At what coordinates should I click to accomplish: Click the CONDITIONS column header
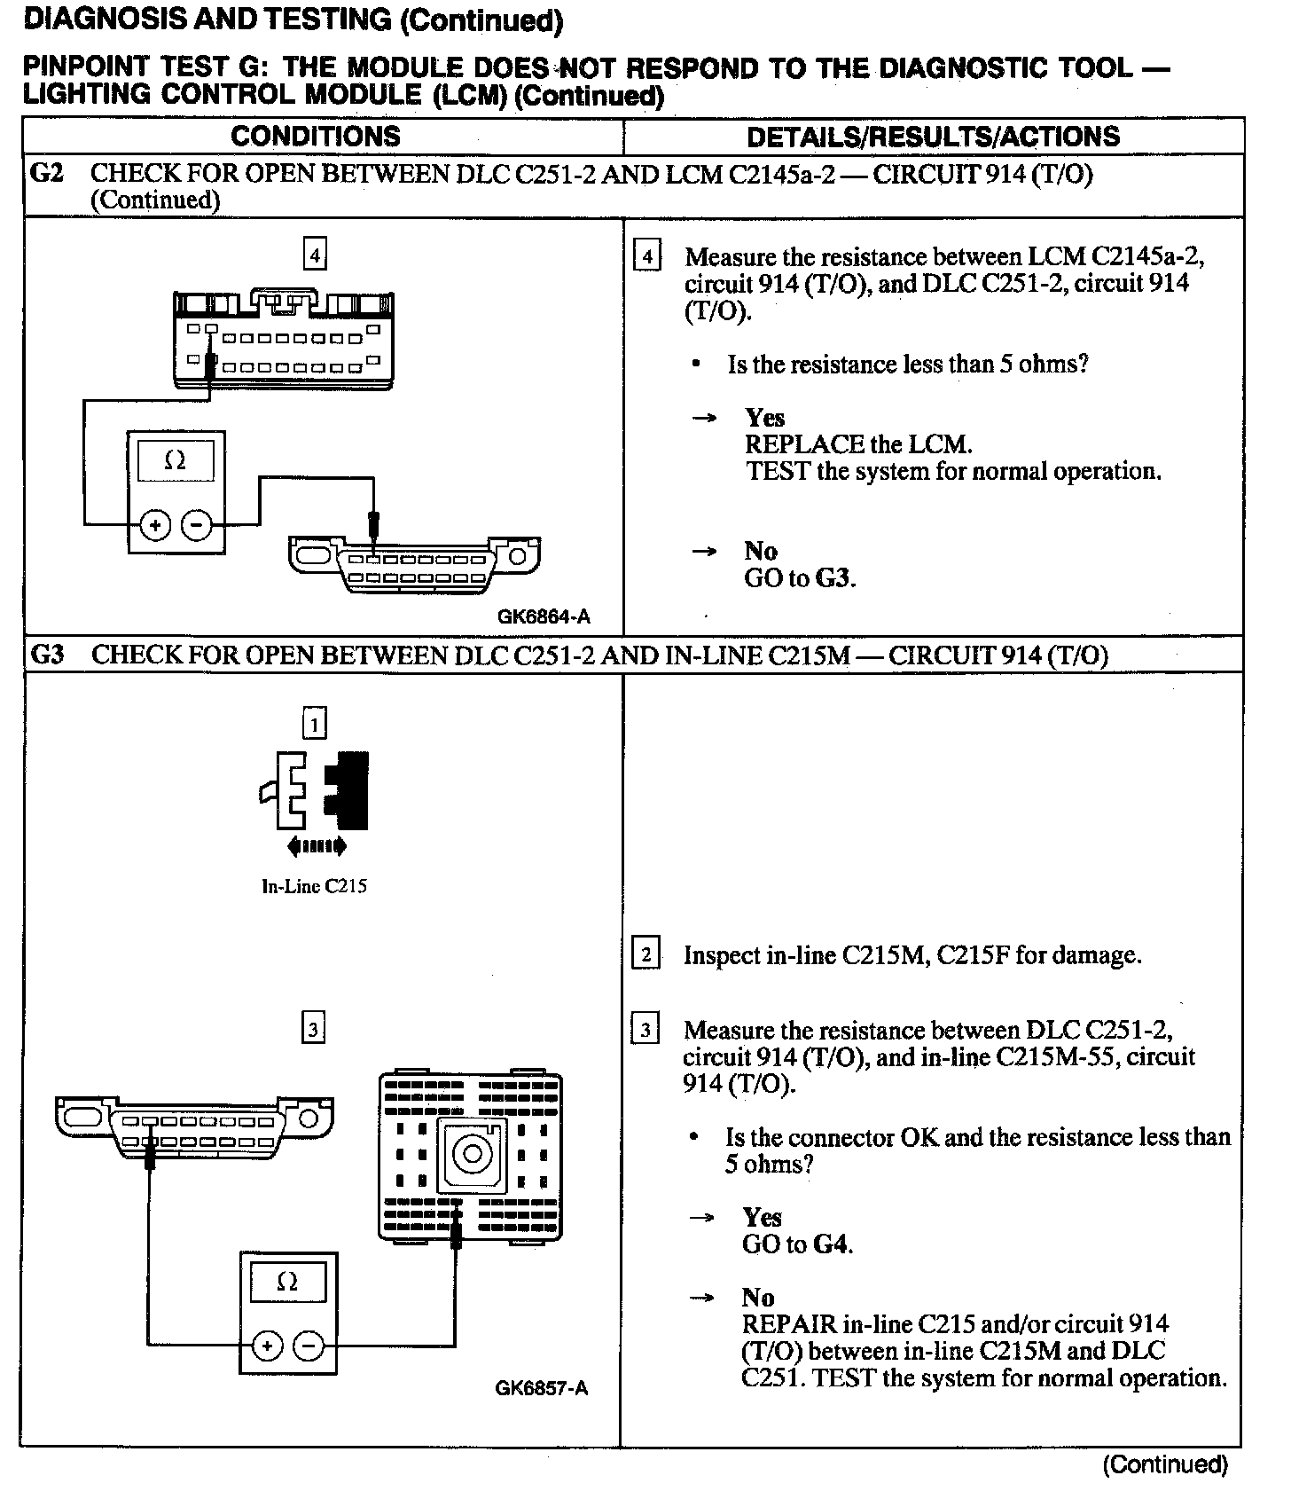click(316, 137)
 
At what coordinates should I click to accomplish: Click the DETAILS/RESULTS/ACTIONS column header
click(933, 137)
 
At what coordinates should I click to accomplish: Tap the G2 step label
click(47, 173)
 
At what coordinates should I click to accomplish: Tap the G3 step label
click(48, 655)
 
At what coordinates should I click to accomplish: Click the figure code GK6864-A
click(544, 616)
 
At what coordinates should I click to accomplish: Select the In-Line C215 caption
click(314, 886)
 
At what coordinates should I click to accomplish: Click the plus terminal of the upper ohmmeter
click(155, 526)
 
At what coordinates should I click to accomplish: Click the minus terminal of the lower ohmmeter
click(309, 1347)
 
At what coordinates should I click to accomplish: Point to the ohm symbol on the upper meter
click(176, 461)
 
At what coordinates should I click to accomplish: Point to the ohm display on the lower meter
click(287, 1283)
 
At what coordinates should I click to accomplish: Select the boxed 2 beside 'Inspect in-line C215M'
click(645, 955)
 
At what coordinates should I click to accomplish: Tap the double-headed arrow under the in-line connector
click(316, 847)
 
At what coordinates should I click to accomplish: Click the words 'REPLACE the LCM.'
click(858, 444)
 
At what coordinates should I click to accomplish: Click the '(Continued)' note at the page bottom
click(1165, 1464)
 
